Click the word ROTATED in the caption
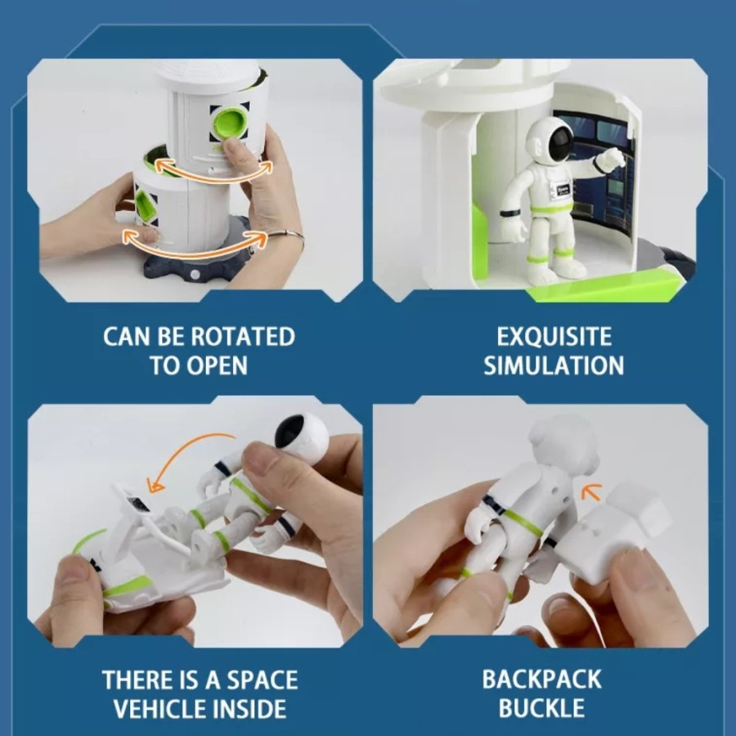point(243,337)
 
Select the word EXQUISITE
point(554,337)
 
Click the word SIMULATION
point(554,366)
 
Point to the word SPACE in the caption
point(263,680)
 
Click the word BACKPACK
point(541,679)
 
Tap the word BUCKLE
point(541,708)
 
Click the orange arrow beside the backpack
point(591,491)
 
